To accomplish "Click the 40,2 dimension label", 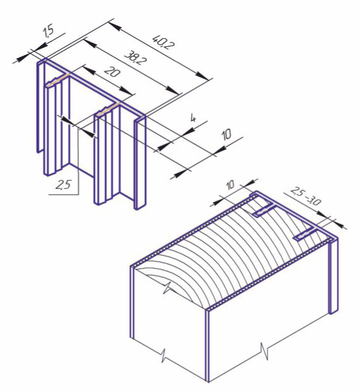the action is click(164, 43).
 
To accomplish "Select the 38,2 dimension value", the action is click(135, 58).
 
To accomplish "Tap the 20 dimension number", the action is click(112, 72).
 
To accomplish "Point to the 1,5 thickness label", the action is click(48, 32).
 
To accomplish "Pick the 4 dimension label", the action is click(193, 118).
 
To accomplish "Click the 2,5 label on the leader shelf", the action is click(62, 185).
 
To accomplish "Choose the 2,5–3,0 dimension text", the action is click(306, 196).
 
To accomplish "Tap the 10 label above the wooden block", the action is click(231, 185).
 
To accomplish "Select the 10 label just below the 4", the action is click(227, 135).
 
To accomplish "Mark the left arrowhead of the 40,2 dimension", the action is click(115, 25).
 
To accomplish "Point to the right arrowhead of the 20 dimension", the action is click(126, 91).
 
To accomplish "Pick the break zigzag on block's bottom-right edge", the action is click(264, 352).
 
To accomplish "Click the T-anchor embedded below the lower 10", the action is click(264, 209).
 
